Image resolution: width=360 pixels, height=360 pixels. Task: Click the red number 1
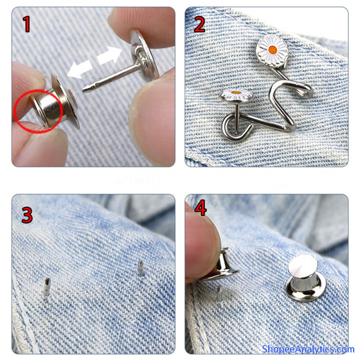27,23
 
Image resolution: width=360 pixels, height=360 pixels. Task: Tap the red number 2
199,25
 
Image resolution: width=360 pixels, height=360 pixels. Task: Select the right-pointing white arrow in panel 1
109,55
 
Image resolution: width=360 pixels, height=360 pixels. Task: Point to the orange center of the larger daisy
272,49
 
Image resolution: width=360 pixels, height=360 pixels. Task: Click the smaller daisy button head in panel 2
237,95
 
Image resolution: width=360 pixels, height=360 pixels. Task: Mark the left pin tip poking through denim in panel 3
46,287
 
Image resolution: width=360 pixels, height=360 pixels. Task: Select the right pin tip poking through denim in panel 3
140,268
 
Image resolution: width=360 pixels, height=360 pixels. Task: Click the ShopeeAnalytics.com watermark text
308,349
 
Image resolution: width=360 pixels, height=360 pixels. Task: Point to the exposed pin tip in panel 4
219,290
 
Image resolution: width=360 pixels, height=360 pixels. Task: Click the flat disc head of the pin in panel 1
144,55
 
